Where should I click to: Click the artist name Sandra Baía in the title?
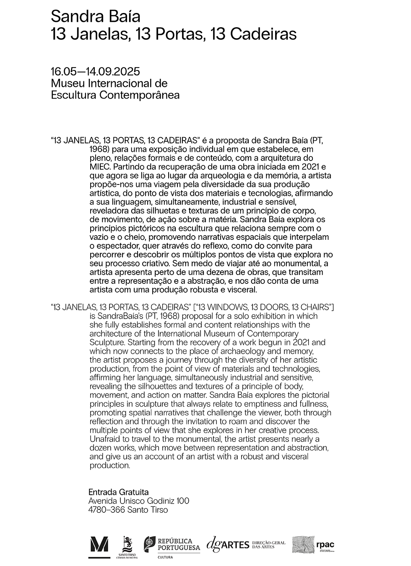(x=95, y=17)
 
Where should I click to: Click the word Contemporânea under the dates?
(x=140, y=95)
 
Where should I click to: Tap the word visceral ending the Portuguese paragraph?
(x=240, y=290)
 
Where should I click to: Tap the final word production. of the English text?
(x=110, y=465)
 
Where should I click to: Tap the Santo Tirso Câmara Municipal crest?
(x=127, y=547)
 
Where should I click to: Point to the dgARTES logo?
(x=228, y=544)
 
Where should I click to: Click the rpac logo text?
(x=325, y=545)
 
